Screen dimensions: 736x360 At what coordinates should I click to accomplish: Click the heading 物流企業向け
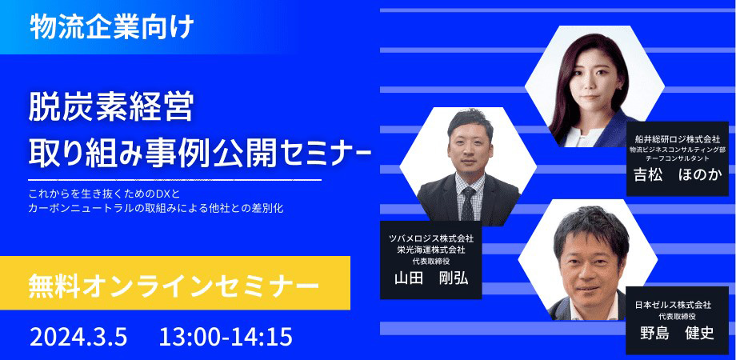click(x=112, y=28)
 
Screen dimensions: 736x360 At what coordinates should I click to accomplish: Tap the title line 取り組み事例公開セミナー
click(x=199, y=151)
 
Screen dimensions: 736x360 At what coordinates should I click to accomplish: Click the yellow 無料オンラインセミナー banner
click(x=175, y=283)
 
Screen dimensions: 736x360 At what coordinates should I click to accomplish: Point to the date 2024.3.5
click(x=78, y=337)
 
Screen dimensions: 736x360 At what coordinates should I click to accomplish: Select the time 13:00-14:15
click(x=226, y=337)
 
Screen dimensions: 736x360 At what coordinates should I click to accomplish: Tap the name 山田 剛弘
click(x=430, y=278)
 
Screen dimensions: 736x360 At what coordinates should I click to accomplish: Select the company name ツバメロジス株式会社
click(x=430, y=238)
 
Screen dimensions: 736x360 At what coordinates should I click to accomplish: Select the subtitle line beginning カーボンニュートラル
click(x=156, y=208)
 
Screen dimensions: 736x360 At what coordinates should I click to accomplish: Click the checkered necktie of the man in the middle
click(x=468, y=204)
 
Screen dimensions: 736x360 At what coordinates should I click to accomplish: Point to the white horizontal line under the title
click(x=174, y=180)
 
